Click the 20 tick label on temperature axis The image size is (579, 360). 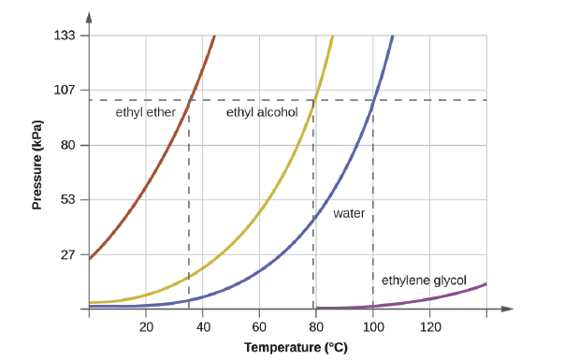click(x=146, y=327)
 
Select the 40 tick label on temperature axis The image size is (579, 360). click(x=203, y=327)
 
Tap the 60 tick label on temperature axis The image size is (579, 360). click(x=260, y=327)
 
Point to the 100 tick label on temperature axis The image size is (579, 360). click(x=373, y=327)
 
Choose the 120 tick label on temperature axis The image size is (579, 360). click(x=430, y=327)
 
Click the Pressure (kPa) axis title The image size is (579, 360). click(x=37, y=164)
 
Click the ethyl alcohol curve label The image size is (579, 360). click(x=262, y=112)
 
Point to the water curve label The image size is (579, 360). click(x=349, y=213)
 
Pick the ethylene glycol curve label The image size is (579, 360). click(x=424, y=280)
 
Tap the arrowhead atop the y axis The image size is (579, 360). click(x=89, y=17)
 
